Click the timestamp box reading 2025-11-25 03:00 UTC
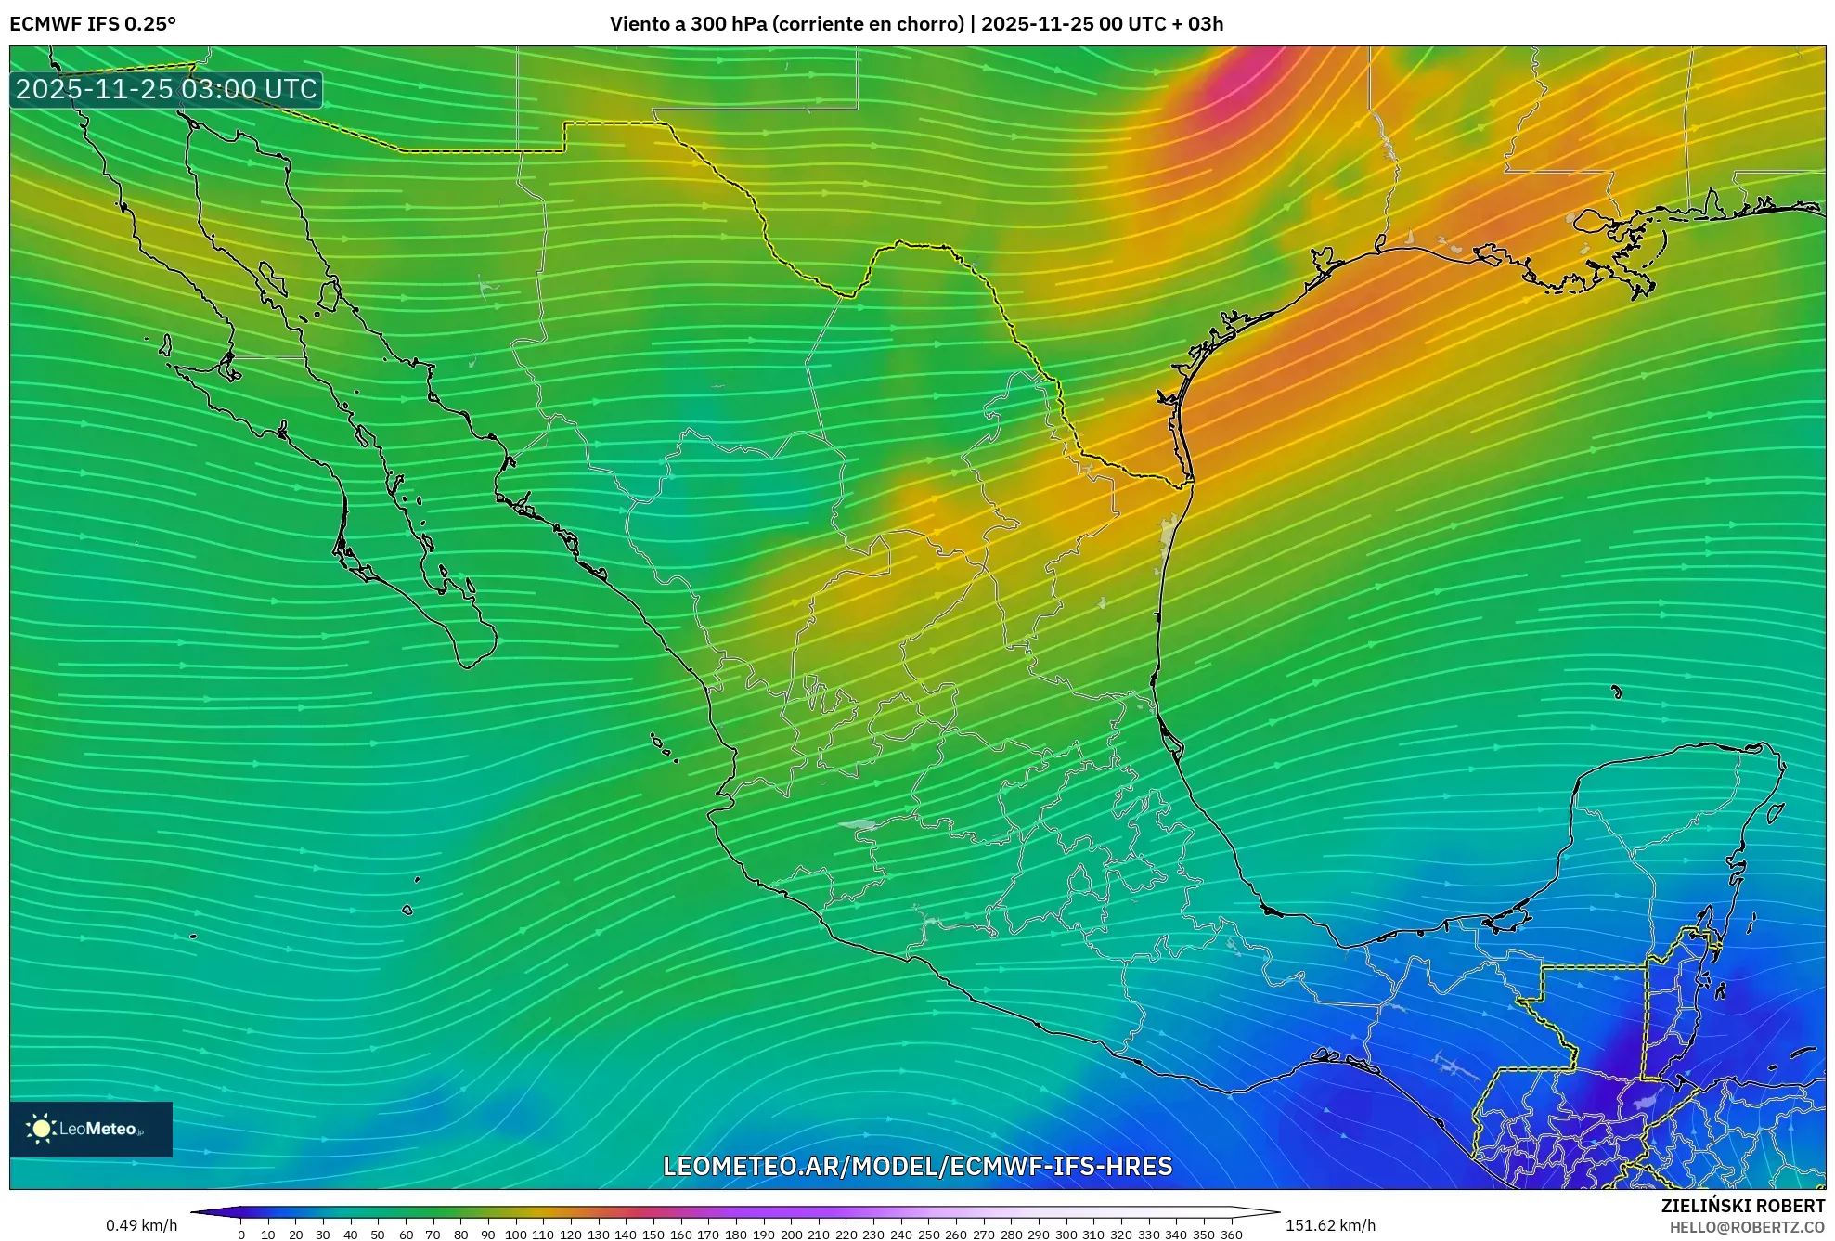167,89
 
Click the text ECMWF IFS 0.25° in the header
93,23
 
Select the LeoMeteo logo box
91,1129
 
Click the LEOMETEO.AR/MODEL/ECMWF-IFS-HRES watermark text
917,1166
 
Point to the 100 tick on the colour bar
515,1234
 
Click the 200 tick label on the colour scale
791,1234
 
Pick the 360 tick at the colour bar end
1231,1234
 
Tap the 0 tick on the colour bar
241,1234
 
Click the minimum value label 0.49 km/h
141,1225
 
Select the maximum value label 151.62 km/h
1330,1225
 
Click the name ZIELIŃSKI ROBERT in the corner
1742,1206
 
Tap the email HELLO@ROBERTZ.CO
1747,1227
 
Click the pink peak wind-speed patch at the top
1234,88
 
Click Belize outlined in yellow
1675,1012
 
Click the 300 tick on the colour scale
1066,1234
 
